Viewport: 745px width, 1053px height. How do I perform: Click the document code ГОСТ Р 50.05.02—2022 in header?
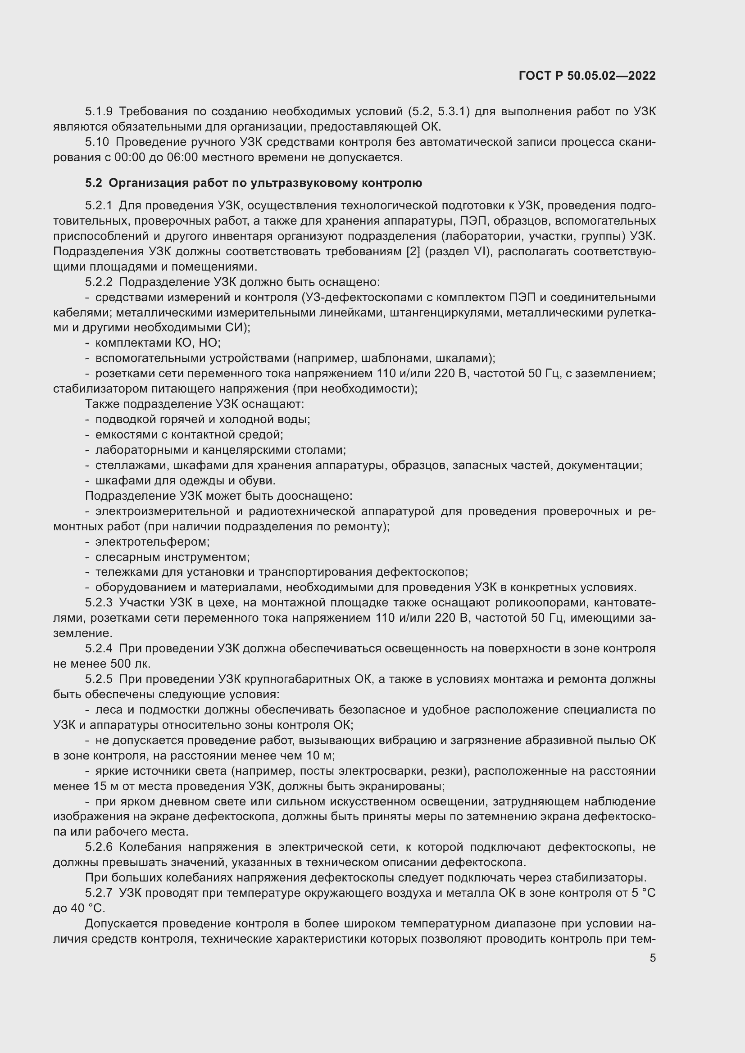[587, 76]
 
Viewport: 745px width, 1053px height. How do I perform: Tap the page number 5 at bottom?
[652, 958]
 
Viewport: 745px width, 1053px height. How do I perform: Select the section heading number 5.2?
[93, 183]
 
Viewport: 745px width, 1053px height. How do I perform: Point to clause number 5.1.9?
[99, 112]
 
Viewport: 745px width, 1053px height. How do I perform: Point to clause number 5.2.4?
[99, 648]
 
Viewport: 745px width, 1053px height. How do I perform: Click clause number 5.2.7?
[99, 893]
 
